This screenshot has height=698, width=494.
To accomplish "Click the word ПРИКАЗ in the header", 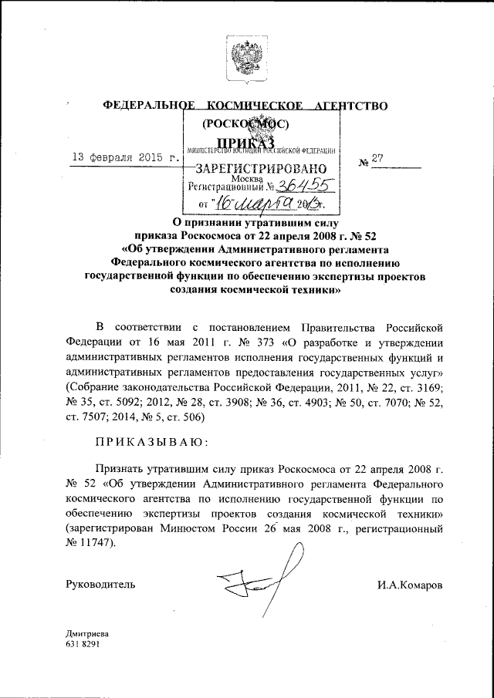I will (x=245, y=142).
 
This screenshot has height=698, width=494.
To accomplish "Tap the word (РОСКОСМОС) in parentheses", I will (x=245, y=124).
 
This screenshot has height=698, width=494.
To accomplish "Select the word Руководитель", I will (x=101, y=585).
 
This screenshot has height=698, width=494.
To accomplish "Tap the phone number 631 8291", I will (x=83, y=643).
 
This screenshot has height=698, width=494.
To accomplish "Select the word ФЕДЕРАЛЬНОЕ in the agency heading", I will (x=147, y=105).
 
